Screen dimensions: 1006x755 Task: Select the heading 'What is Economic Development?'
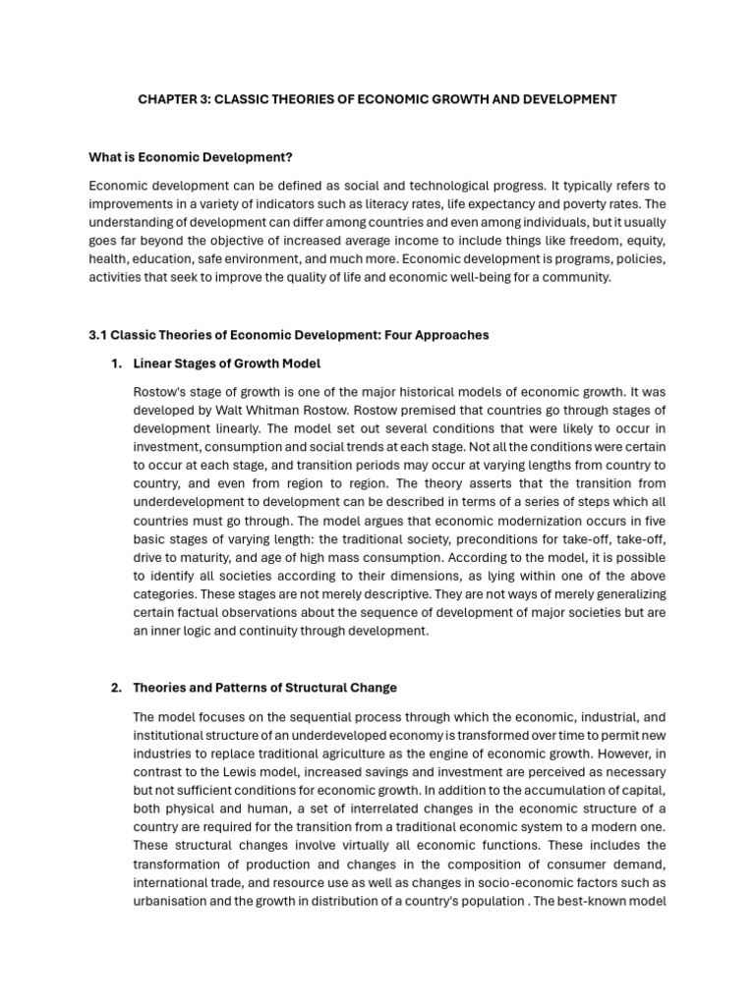point(191,157)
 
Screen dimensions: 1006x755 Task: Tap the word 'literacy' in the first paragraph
point(437,204)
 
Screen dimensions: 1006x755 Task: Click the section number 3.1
point(97,335)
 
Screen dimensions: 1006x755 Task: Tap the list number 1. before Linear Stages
point(117,363)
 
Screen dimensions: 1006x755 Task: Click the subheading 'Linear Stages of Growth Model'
point(227,363)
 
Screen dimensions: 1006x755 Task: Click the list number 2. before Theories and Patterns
point(117,687)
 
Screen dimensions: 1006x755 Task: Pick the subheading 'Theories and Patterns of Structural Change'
point(264,687)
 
